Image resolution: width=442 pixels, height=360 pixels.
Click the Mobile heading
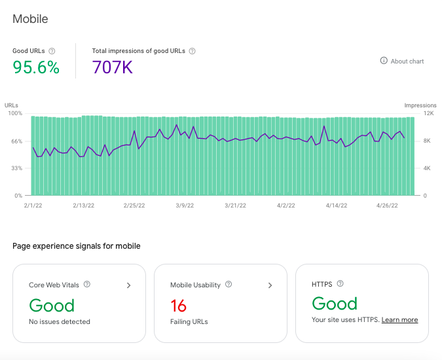30,19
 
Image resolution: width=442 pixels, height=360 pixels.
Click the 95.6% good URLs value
36,67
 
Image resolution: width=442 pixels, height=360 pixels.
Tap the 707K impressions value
112,67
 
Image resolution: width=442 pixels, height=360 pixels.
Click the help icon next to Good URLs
52,51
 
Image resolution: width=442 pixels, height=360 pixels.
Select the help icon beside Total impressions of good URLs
192,51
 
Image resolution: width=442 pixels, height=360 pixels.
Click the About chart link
402,61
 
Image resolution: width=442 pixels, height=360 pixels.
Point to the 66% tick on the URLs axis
16,141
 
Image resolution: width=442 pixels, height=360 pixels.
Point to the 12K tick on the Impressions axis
428,113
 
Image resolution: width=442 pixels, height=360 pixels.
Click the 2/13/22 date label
83,206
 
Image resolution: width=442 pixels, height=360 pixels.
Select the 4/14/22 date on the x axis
337,206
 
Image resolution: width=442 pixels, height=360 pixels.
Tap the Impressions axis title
420,105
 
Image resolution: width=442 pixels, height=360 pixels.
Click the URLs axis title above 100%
11,105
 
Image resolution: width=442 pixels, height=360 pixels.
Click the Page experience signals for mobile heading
77,246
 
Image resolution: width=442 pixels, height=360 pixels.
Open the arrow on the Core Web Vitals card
129,285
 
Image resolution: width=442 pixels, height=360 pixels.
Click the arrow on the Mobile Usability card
270,285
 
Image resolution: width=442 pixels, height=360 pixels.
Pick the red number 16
178,306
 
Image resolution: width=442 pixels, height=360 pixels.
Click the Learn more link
399,319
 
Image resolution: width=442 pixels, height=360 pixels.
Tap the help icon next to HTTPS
341,283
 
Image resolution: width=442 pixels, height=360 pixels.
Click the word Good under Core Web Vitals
52,306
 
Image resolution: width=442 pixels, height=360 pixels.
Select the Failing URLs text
189,321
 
